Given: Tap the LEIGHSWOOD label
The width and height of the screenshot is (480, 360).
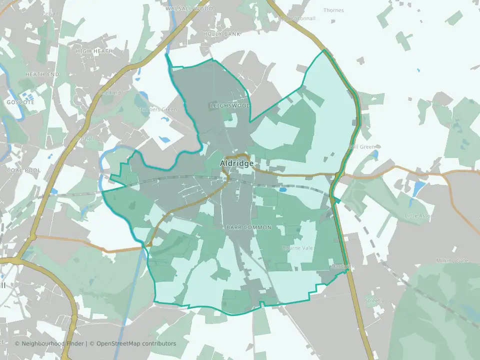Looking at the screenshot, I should click(230, 106).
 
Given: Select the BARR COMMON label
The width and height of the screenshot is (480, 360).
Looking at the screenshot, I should click(248, 227).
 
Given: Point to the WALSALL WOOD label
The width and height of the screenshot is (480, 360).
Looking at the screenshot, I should click(189, 9).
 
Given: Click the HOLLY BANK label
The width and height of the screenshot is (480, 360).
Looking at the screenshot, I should click(221, 34).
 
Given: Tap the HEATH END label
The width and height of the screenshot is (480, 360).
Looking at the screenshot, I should click(42, 74).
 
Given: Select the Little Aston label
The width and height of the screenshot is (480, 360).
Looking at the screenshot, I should click(419, 216).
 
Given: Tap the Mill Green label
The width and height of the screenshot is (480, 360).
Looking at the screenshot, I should click(362, 147).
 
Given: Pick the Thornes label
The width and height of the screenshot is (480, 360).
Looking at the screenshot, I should click(333, 10).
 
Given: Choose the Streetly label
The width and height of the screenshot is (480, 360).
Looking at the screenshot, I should click(374, 300).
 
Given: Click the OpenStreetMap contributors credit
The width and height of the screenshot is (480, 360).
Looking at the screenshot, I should click(136, 343).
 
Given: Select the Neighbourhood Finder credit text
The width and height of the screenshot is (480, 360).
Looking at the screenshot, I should click(50, 343).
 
